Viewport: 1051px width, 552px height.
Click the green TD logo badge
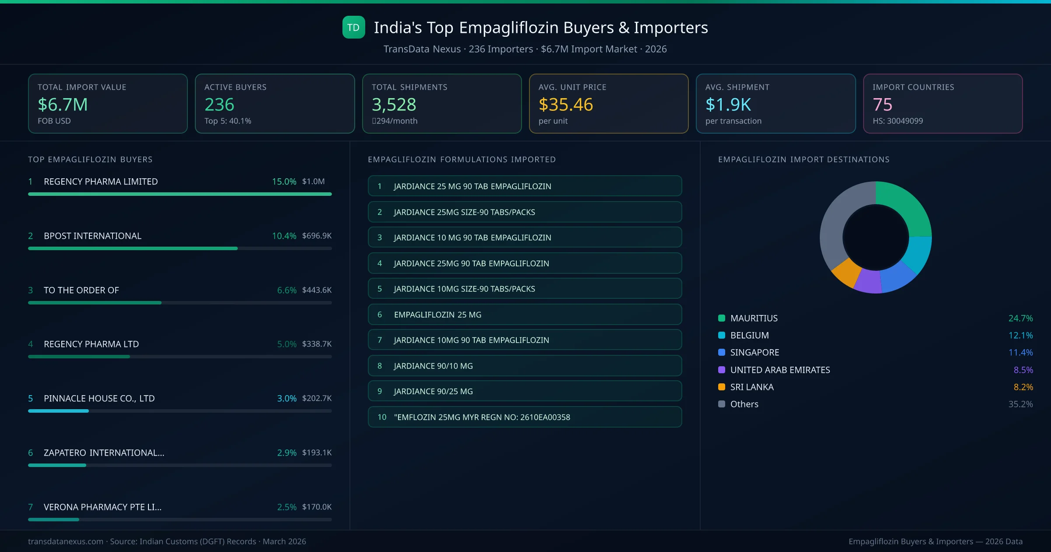tap(353, 27)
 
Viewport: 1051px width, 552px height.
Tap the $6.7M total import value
tap(63, 105)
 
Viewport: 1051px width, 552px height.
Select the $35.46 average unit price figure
tap(565, 105)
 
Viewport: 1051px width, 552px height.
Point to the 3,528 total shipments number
tap(394, 105)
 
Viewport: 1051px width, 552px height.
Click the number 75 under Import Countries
tap(882, 105)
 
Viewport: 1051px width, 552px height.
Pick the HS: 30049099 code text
tap(897, 121)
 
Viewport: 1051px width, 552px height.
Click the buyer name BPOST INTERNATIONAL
tap(92, 236)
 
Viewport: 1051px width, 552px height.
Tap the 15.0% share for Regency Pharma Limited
tap(284, 181)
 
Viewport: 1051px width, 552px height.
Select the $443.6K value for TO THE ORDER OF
tap(317, 290)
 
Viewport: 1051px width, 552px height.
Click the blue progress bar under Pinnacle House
tap(59, 411)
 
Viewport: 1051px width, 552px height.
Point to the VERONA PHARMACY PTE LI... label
tap(102, 507)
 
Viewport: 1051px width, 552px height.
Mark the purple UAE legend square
tap(722, 370)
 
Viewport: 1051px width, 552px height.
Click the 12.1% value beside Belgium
tap(1020, 335)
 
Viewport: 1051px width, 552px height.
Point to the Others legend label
tap(744, 404)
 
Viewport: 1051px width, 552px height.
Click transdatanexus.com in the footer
tap(66, 541)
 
